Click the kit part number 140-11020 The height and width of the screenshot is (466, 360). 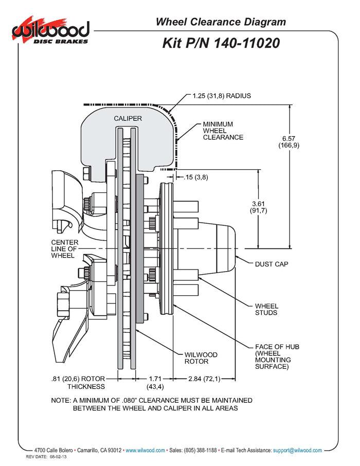click(x=221, y=43)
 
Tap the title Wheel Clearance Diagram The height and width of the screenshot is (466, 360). click(x=221, y=22)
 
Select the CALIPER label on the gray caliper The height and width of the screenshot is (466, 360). click(x=128, y=118)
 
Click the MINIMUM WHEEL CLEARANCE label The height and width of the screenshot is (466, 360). click(x=222, y=131)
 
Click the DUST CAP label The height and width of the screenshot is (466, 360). click(x=272, y=264)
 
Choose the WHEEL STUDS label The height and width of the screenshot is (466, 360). click(x=266, y=309)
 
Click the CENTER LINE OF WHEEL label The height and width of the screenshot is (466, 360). click(x=65, y=249)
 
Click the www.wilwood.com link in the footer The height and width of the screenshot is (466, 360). click(x=146, y=450)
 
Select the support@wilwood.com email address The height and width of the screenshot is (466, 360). click(x=297, y=450)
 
